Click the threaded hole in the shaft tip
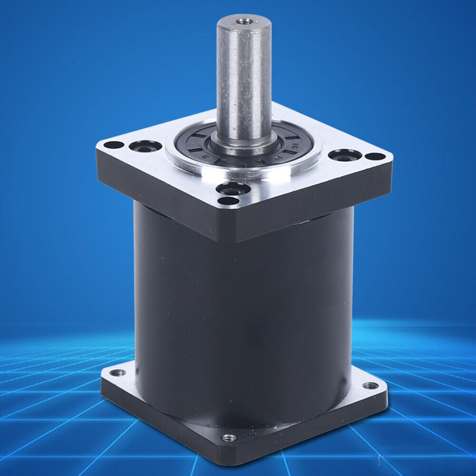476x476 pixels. pos(244,21)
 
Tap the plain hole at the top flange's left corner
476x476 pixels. pos(113,145)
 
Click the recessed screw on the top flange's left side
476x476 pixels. pos(145,146)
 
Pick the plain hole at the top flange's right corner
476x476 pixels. pos(376,156)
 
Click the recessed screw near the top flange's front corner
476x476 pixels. pos(233,189)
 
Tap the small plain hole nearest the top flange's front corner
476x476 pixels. pos(228,201)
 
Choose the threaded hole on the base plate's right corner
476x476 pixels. pos(370,385)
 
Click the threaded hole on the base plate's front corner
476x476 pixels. pos(229,437)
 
